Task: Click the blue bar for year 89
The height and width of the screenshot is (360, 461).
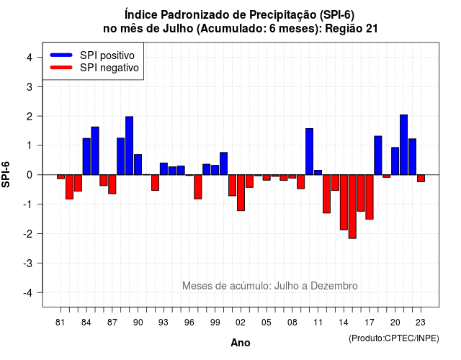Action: pyautogui.click(x=129, y=145)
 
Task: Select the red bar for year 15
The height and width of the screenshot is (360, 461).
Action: pyautogui.click(x=352, y=207)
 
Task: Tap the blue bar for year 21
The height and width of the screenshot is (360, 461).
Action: pyautogui.click(x=403, y=145)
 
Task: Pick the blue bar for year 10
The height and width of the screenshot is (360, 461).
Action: pyautogui.click(x=309, y=152)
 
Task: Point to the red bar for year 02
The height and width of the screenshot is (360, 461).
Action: pyautogui.click(x=241, y=193)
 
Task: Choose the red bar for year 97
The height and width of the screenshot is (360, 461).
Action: pyautogui.click(x=198, y=187)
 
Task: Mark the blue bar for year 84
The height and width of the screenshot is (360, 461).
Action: pyautogui.click(x=86, y=156)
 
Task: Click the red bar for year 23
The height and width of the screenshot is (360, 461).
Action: pyautogui.click(x=421, y=179)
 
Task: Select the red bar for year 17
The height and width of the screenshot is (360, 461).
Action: pyautogui.click(x=370, y=197)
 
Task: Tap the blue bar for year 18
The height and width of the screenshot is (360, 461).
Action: pyautogui.click(x=377, y=156)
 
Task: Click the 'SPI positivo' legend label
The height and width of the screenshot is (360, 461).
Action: pyautogui.click(x=107, y=55)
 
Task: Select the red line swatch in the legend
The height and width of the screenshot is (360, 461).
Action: pyautogui.click(x=61, y=67)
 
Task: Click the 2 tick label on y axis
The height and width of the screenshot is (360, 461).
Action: pyautogui.click(x=30, y=117)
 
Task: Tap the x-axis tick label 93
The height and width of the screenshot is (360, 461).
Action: pyautogui.click(x=164, y=323)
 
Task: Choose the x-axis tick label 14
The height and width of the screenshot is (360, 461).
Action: pyautogui.click(x=344, y=323)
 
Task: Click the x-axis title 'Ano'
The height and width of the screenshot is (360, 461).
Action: pyautogui.click(x=241, y=343)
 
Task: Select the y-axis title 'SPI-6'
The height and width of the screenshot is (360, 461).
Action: pyautogui.click(x=6, y=174)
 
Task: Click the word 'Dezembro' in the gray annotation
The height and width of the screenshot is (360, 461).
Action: pyautogui.click(x=334, y=286)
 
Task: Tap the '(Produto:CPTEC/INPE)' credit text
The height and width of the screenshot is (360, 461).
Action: pyautogui.click(x=394, y=338)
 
